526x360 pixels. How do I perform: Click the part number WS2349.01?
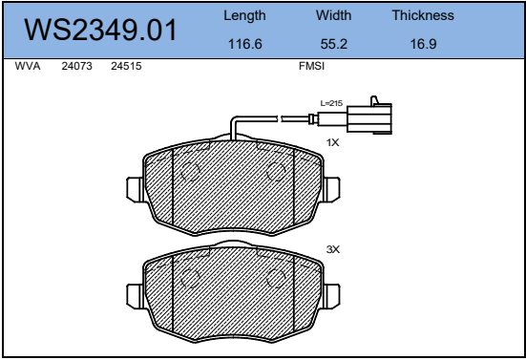(x=100, y=31)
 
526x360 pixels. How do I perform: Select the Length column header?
(x=244, y=16)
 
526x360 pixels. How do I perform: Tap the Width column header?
(x=333, y=15)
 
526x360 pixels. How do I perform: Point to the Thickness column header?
(x=423, y=15)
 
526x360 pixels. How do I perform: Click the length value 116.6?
(x=245, y=44)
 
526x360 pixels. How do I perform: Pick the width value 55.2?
(x=333, y=44)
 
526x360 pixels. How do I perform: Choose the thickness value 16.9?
(x=423, y=44)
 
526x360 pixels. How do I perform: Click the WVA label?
(x=28, y=66)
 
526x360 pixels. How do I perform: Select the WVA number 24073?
(x=76, y=66)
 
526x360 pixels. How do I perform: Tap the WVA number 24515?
(x=126, y=66)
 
